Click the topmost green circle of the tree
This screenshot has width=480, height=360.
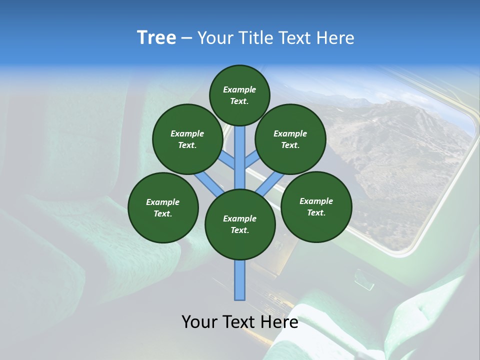pos(239,95)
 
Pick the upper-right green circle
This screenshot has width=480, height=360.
pos(290,139)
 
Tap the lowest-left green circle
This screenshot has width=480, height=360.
pos(163,207)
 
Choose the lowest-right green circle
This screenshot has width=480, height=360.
pos(316,206)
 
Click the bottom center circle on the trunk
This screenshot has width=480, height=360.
pos(240,224)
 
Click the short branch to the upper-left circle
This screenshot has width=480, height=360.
pos(228,161)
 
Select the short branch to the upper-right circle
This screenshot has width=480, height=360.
pos(252,160)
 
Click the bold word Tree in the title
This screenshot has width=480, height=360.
pos(156,37)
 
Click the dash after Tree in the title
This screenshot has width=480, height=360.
pos(187,38)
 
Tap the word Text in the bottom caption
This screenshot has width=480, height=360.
pos(240,322)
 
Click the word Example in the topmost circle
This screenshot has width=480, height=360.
pos(239,89)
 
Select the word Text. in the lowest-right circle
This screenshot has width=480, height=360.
pos(316,212)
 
